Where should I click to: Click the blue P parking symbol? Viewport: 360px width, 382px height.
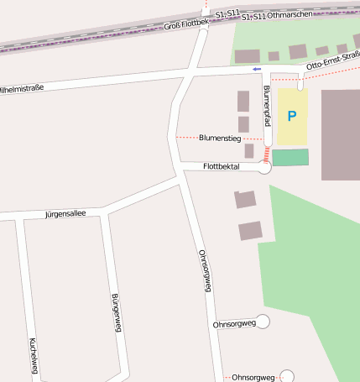point(292,116)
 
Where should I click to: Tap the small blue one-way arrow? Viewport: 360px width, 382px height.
point(257,69)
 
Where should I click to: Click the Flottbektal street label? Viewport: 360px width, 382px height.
point(222,167)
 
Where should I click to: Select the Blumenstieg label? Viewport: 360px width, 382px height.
point(220,137)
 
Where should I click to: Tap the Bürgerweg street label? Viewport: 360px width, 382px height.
point(117,313)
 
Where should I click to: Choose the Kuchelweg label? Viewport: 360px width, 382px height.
point(33,355)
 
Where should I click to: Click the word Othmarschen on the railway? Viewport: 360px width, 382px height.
point(289,15)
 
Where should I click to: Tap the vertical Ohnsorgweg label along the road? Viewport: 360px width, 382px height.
point(204,270)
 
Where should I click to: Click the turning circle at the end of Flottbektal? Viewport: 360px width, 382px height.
point(264,167)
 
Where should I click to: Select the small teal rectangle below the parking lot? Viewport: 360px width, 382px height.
point(290,157)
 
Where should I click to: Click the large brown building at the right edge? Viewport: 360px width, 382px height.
point(341,134)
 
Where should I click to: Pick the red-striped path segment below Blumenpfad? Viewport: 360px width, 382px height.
point(267,155)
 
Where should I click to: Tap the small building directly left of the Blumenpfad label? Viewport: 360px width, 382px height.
point(243,102)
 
